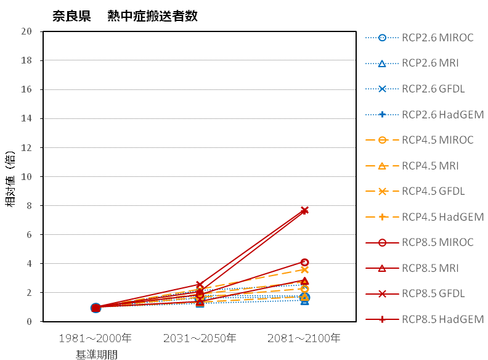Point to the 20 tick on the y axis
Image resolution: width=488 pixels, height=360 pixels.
point(26,31)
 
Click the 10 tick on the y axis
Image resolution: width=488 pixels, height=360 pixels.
point(26,177)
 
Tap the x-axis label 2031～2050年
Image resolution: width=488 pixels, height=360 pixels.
point(200,338)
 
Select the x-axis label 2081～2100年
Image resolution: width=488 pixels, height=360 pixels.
point(304,338)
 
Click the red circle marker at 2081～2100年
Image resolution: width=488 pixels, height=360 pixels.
point(304,263)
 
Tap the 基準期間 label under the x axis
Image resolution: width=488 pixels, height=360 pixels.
point(96,354)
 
